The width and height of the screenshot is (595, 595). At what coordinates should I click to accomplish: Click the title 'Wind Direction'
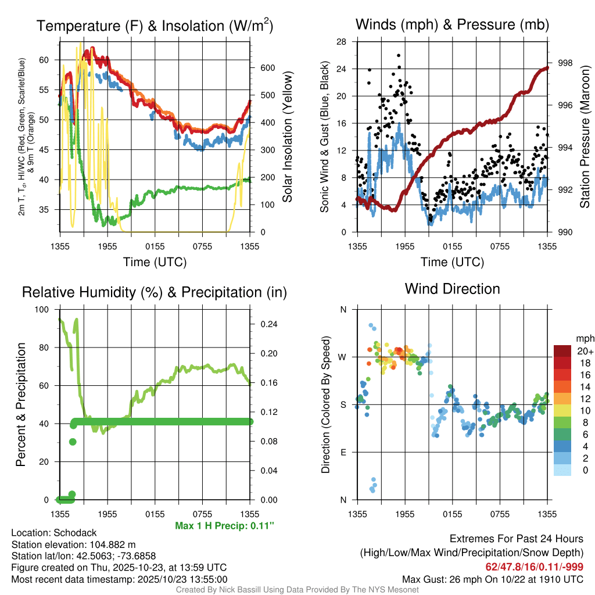452,289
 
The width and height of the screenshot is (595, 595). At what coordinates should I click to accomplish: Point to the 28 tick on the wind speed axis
341,42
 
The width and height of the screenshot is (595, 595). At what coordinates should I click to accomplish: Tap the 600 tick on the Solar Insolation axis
268,67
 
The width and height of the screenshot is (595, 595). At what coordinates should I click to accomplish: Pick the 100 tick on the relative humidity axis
43,310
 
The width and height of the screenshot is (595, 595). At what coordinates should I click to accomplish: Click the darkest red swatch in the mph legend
563,350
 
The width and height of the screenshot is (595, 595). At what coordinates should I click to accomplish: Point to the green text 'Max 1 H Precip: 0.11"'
224,526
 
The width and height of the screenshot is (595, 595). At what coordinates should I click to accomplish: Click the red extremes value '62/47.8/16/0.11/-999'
534,567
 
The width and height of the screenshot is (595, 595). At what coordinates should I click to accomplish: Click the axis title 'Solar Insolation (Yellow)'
287,137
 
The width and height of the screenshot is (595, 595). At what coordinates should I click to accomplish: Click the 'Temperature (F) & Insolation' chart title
155,26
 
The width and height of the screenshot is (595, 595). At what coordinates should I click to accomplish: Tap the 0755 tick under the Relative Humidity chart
202,514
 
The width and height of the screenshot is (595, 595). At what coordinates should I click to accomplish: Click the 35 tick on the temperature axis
48,209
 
